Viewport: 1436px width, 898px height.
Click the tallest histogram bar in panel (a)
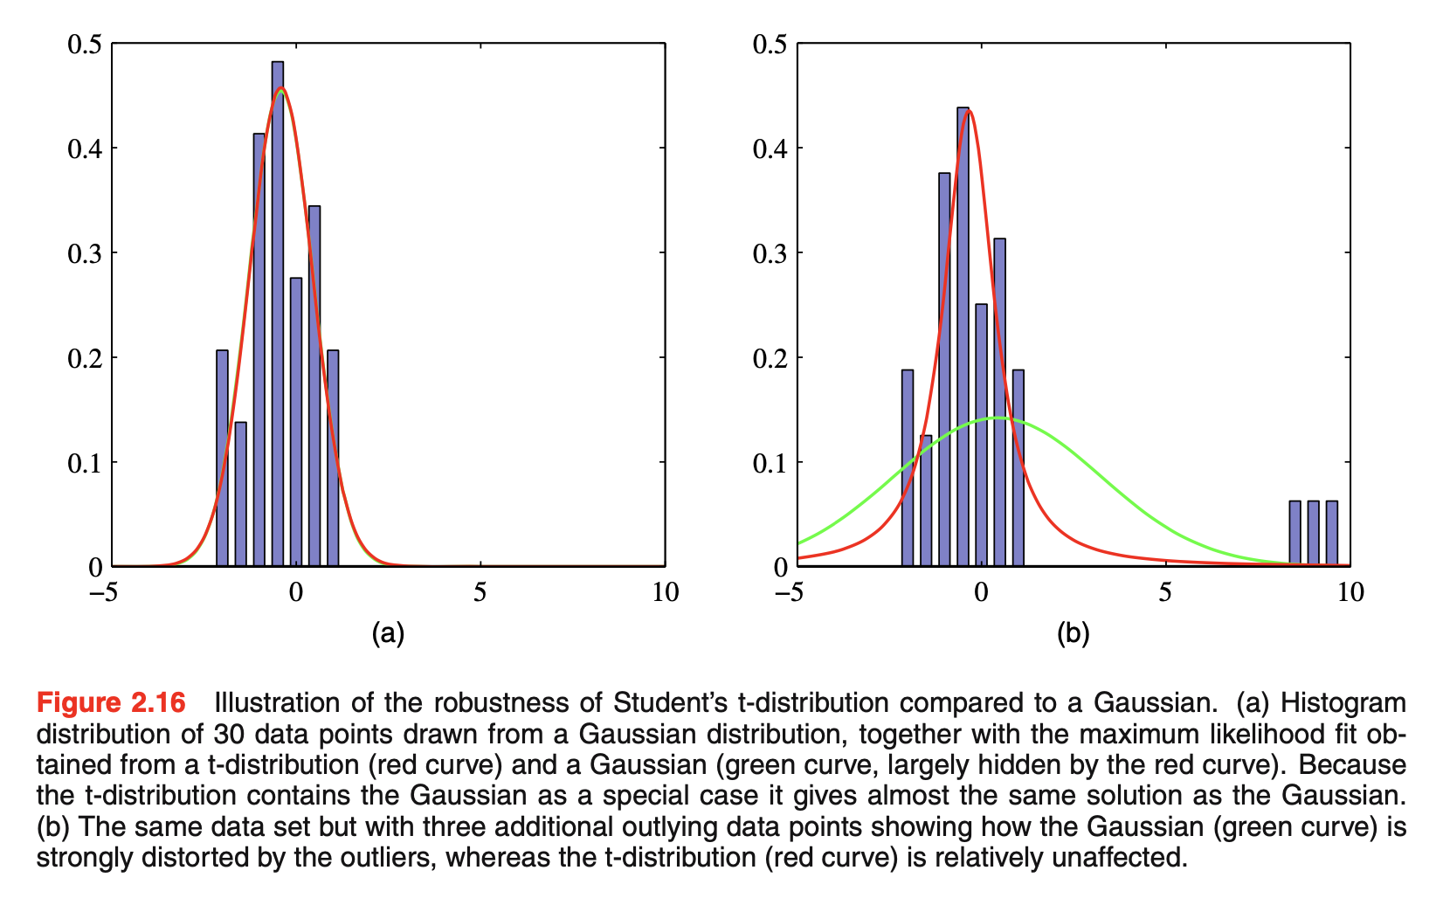278,314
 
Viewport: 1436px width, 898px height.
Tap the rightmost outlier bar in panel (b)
1331,533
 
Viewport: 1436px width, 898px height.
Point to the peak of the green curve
996,418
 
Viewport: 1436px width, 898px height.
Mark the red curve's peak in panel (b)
968,110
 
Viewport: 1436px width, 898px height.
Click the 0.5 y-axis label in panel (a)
85,44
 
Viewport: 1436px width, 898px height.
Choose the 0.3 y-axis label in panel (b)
770,253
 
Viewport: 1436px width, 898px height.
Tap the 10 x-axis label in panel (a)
665,593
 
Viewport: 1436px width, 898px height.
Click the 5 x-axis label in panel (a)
480,593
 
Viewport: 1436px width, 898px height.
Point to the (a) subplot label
388,634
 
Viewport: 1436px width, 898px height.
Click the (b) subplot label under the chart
1073,634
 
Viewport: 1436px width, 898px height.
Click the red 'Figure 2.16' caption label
111,703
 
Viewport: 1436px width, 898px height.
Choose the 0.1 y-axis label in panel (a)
85,462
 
